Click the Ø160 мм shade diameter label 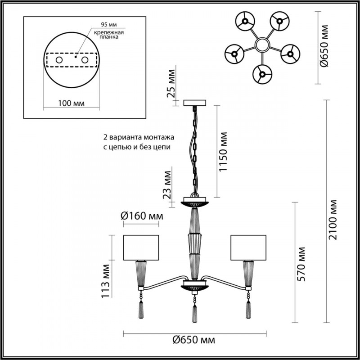click(x=142, y=216)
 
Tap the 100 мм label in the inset click(x=72, y=104)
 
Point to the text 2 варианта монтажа click(x=137, y=137)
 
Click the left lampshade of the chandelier click(x=141, y=247)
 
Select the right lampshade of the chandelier click(x=248, y=247)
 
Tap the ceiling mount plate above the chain click(x=195, y=103)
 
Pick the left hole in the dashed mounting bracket click(x=59, y=59)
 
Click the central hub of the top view click(x=261, y=45)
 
